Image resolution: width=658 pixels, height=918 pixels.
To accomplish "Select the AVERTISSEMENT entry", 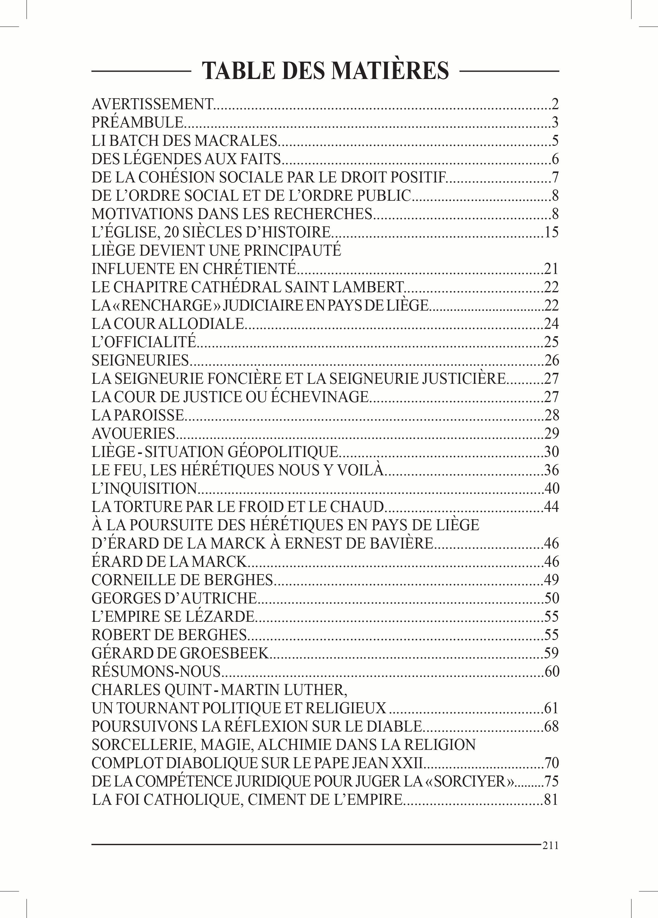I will tap(152, 104).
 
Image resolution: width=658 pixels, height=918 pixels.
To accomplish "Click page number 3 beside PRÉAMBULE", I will tap(555, 122).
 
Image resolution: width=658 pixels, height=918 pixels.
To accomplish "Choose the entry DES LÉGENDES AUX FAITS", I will tap(186, 159).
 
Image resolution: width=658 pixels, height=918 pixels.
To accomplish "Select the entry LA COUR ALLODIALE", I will tap(168, 324).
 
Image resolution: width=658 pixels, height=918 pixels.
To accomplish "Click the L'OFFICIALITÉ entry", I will tap(144, 342).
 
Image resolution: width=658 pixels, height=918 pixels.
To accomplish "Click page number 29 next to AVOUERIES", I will tap(551, 434).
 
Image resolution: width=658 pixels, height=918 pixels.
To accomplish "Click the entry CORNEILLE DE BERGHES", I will tap(182, 580).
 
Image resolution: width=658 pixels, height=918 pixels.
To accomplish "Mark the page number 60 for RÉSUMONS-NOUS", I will tap(551, 671).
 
